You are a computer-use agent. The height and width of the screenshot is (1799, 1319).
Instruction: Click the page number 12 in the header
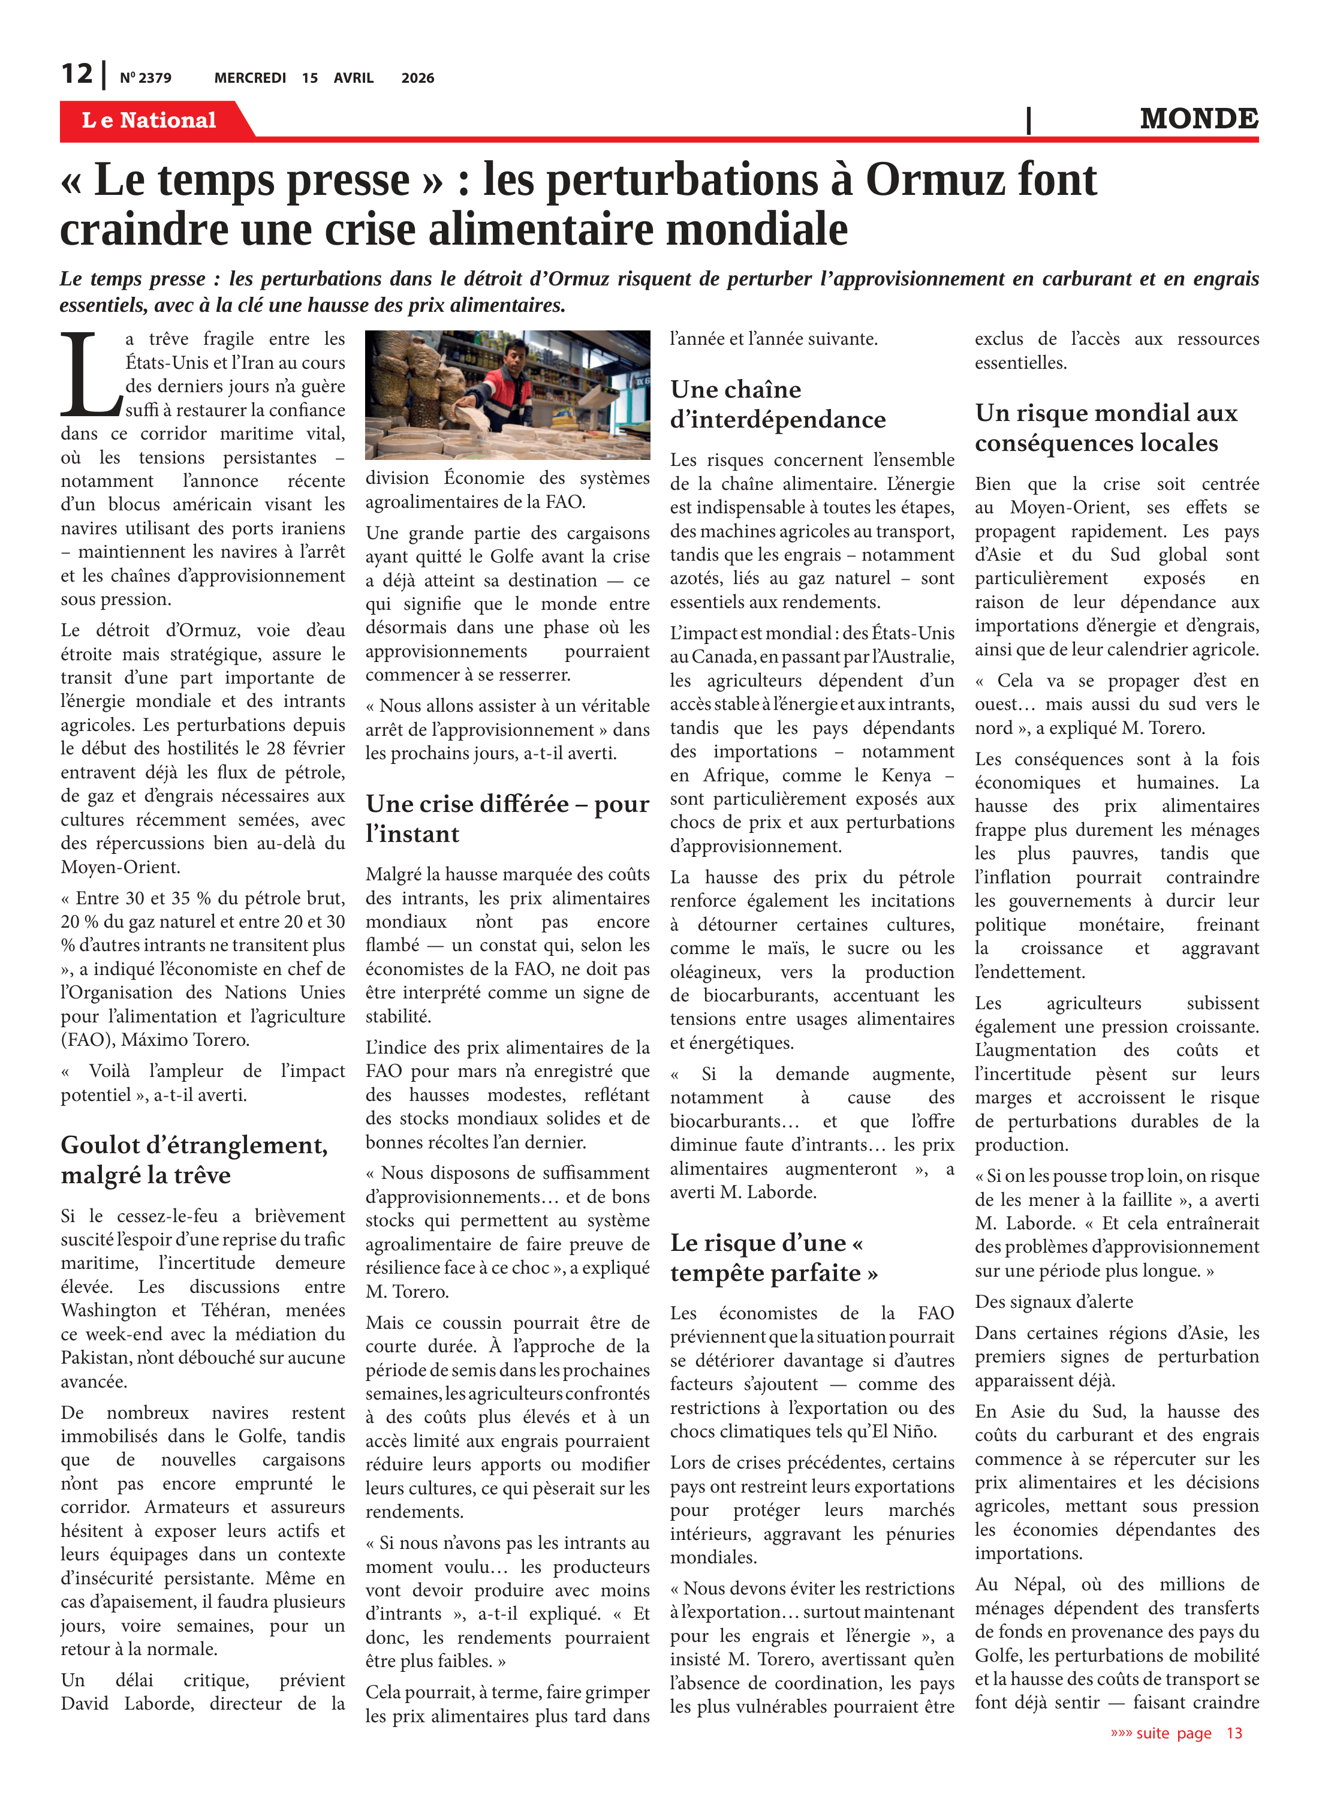(77, 74)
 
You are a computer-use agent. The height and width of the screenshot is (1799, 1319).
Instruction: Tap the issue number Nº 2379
(145, 78)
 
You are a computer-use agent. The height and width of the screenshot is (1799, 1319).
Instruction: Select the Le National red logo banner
(149, 120)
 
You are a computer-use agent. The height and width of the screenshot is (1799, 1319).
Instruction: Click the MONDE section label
(1198, 119)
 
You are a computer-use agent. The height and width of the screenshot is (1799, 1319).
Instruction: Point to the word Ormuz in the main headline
(932, 180)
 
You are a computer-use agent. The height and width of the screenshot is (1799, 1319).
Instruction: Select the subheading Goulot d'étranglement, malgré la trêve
(194, 1159)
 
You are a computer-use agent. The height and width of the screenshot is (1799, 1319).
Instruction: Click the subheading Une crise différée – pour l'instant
(507, 818)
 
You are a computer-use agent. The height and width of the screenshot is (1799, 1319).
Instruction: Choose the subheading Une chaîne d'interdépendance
(778, 404)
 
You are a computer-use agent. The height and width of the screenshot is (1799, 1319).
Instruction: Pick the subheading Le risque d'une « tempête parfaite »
(773, 1257)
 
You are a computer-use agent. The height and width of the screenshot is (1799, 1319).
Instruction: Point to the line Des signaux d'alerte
(1053, 1301)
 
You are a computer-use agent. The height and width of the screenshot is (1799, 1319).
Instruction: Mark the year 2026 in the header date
(417, 78)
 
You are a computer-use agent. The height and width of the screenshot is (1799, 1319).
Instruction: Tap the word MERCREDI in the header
(250, 78)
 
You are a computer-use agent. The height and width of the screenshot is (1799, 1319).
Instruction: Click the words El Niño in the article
(907, 1431)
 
